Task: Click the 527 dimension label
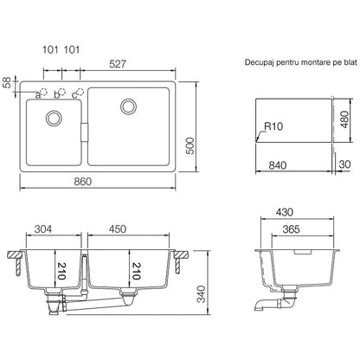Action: click(x=118, y=64)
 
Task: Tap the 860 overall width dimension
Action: click(x=83, y=182)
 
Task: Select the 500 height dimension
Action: click(x=190, y=146)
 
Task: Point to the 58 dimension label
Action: click(x=8, y=82)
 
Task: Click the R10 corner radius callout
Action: click(x=273, y=126)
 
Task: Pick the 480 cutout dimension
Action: click(x=344, y=120)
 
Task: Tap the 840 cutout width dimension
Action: click(x=278, y=165)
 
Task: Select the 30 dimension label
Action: click(x=344, y=164)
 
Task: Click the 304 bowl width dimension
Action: click(x=43, y=228)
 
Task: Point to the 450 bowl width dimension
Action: click(x=118, y=228)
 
